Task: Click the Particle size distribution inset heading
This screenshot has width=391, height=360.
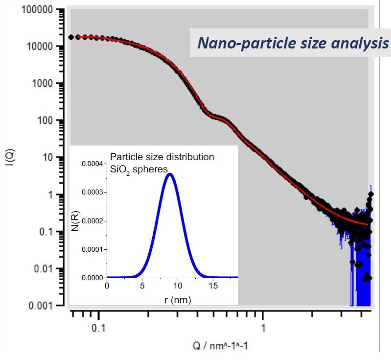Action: pyautogui.click(x=162, y=157)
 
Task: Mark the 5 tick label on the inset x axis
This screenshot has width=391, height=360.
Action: pyautogui.click(x=142, y=286)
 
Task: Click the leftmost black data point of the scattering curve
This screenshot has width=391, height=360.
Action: pyautogui.click(x=71, y=37)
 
